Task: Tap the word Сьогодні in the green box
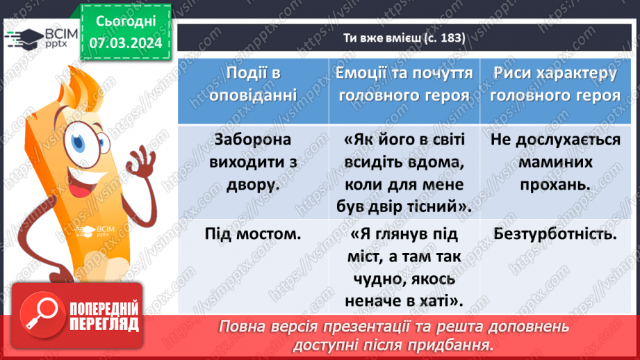point(125,21)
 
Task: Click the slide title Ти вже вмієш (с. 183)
point(408,38)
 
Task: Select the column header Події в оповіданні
point(253,85)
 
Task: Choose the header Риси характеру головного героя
point(555,85)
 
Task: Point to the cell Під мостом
point(253,234)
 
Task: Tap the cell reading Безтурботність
point(555,234)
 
